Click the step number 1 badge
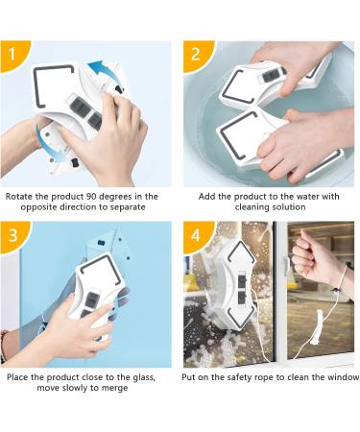[12, 55]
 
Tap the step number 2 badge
[196, 55]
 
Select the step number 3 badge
[12, 235]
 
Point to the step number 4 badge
[196, 235]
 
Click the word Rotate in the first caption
[17, 197]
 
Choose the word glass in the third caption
[144, 377]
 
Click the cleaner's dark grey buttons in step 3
[90, 304]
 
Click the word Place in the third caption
[17, 377]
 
